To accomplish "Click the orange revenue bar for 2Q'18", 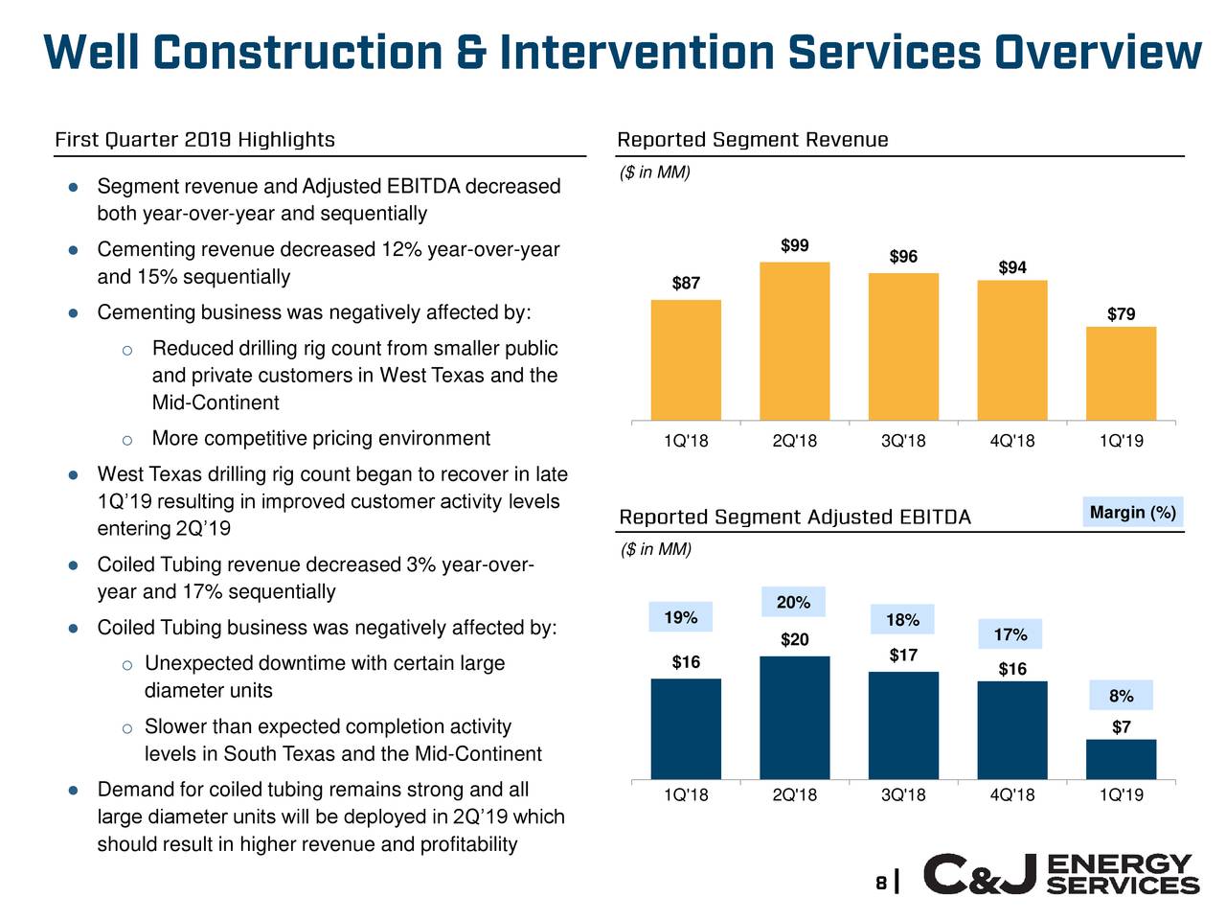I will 794,340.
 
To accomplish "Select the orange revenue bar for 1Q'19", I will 1121,373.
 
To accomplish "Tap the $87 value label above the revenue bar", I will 686,283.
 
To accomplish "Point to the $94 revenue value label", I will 1012,267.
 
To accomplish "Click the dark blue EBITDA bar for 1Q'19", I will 1121,758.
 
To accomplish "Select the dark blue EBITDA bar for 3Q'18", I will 903,724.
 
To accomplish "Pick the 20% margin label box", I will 793,602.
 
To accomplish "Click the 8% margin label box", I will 1121,696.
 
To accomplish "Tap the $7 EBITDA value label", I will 1121,727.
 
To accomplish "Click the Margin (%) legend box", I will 1132,513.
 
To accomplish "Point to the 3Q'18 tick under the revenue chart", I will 903,442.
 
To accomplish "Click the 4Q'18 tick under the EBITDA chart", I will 1012,795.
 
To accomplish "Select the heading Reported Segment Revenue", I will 753,141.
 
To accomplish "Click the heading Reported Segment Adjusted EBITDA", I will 795,517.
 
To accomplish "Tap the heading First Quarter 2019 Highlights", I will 194,141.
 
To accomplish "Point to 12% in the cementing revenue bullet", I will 401,250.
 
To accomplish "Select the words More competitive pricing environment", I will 321,439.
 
